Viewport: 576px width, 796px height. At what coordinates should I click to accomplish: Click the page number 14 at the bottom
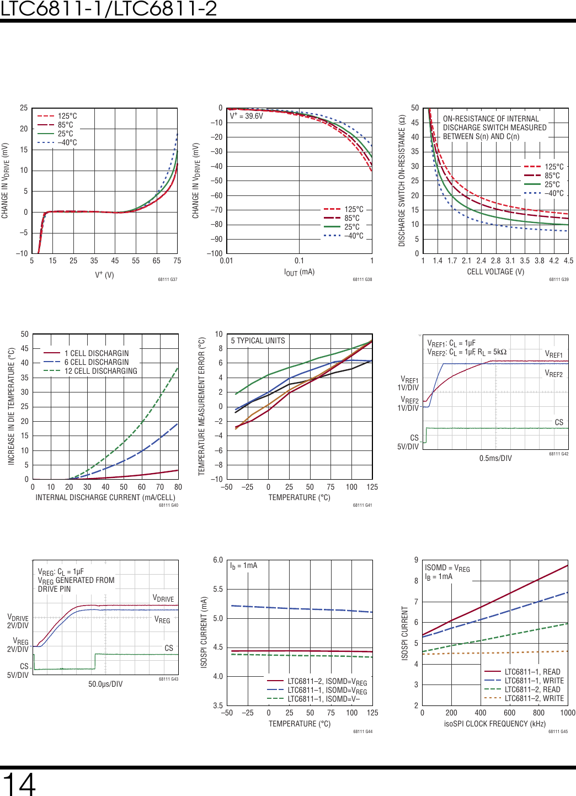(19, 784)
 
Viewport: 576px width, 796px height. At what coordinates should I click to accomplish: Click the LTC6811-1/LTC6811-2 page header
(109, 9)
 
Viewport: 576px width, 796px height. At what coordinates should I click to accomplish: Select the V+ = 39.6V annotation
(246, 116)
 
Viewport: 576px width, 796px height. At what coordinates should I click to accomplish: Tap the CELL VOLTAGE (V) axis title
(495, 272)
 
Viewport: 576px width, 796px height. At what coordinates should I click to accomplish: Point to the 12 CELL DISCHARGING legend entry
(100, 371)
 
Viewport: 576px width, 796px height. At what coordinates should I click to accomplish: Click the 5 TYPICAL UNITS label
(258, 341)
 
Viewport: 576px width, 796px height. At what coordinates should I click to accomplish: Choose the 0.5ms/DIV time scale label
(495, 458)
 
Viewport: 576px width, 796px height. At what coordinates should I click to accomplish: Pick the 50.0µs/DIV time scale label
(105, 684)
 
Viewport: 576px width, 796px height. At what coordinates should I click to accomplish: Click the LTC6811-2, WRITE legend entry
(534, 698)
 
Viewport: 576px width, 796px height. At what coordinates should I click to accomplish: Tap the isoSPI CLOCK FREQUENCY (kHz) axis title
(495, 724)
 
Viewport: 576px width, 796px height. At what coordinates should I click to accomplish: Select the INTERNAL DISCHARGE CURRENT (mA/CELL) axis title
(105, 497)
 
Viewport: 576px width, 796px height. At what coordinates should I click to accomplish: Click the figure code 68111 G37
(168, 279)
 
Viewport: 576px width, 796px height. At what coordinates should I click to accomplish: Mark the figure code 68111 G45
(558, 731)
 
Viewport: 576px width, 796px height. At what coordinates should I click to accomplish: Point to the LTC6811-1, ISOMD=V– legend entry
(323, 699)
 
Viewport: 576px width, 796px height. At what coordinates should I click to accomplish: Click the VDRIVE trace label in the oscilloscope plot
(163, 598)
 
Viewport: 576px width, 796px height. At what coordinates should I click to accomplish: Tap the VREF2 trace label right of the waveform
(553, 374)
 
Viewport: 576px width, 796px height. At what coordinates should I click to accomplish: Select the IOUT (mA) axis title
(299, 272)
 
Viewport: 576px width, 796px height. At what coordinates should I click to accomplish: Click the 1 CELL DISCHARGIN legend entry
(96, 353)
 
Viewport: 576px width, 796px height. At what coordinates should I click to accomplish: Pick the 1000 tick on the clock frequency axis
(568, 713)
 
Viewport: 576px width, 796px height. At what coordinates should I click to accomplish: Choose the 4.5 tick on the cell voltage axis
(568, 261)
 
